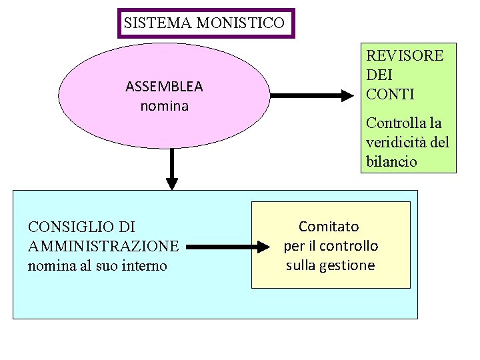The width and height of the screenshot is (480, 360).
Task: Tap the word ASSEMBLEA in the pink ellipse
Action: click(x=164, y=87)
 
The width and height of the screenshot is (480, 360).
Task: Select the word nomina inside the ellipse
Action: click(x=165, y=105)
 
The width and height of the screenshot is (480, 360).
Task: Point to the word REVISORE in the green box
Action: click(x=405, y=55)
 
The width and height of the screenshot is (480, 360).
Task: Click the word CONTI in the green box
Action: click(x=390, y=94)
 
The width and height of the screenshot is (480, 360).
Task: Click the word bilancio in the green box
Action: click(x=391, y=161)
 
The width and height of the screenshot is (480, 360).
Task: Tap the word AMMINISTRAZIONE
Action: click(x=103, y=246)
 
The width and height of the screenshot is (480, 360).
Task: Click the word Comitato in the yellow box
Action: click(x=329, y=227)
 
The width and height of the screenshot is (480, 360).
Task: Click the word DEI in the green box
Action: click(x=378, y=75)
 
